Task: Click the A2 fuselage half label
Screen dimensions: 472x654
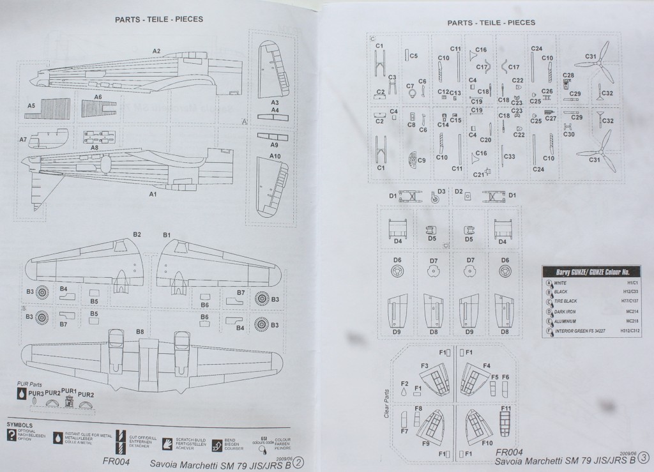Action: (x=156, y=50)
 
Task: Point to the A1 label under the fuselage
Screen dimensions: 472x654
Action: (x=153, y=194)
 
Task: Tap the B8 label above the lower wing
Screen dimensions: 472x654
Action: (x=139, y=331)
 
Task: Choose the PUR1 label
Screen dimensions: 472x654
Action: (x=69, y=390)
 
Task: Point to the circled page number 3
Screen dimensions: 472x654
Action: (x=643, y=457)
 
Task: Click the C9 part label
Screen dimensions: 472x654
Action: (x=422, y=160)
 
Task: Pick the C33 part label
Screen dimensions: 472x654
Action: (x=510, y=156)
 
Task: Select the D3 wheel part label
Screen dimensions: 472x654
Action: (x=441, y=191)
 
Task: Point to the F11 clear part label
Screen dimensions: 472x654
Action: (x=506, y=408)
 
